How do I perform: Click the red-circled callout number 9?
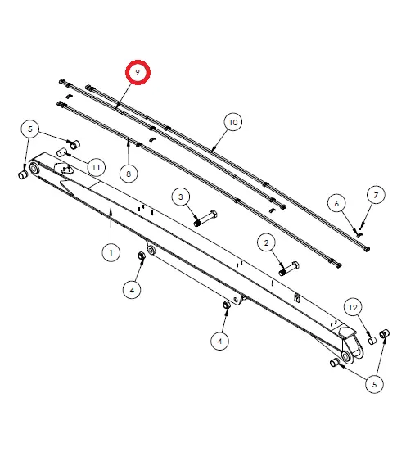coord(138,73)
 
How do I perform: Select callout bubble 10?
coord(233,123)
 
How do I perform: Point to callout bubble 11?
coord(96,167)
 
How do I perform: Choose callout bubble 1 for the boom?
coord(111,252)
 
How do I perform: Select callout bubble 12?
coord(353,308)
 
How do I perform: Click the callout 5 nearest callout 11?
coord(29,129)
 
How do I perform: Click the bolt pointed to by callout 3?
coord(204,219)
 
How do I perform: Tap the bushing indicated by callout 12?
coord(371,338)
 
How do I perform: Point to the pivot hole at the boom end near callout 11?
coord(34,170)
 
